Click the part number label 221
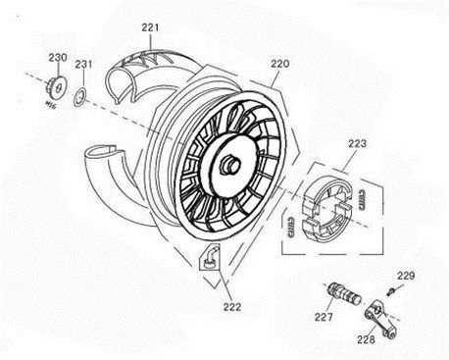coord(149,27)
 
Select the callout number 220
coord(280,63)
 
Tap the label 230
coord(57,58)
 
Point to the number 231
coord(84,66)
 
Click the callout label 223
coord(357,143)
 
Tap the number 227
coord(324,317)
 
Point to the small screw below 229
coord(390,290)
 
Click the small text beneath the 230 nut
coord(50,100)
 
